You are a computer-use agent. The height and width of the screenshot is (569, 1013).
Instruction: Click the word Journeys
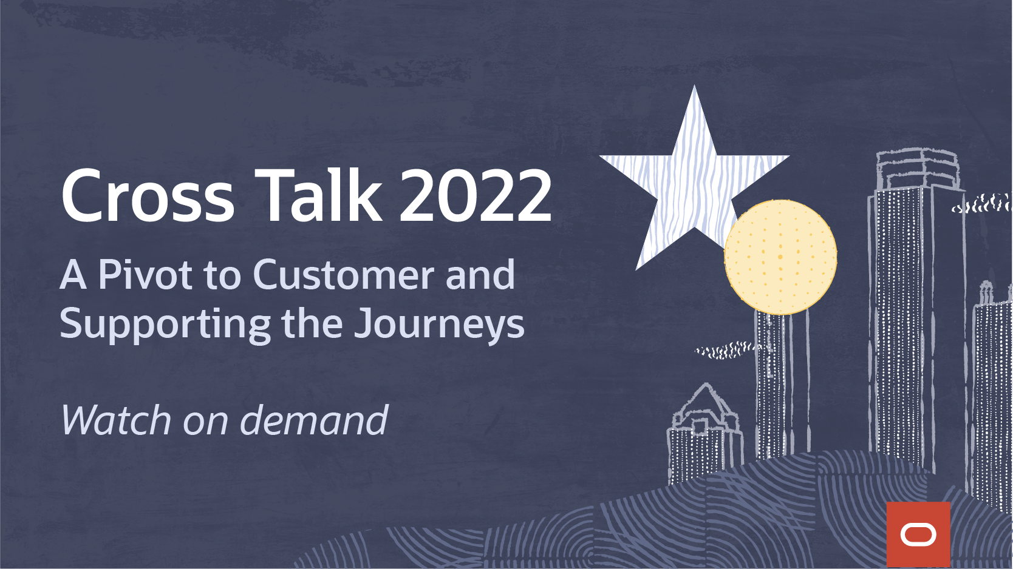pyautogui.click(x=438, y=325)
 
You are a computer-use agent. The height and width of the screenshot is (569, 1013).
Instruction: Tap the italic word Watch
pyautogui.click(x=116, y=420)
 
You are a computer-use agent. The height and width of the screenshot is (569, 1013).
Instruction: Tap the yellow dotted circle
pyautogui.click(x=780, y=257)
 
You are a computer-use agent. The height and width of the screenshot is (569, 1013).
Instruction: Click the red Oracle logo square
pyautogui.click(x=918, y=534)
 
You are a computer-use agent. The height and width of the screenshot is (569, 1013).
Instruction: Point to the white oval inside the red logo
pyautogui.click(x=918, y=535)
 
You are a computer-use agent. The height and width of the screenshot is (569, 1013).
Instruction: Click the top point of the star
pyautogui.click(x=694, y=86)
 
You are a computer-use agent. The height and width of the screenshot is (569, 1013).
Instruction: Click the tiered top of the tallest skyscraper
pyautogui.click(x=918, y=169)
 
